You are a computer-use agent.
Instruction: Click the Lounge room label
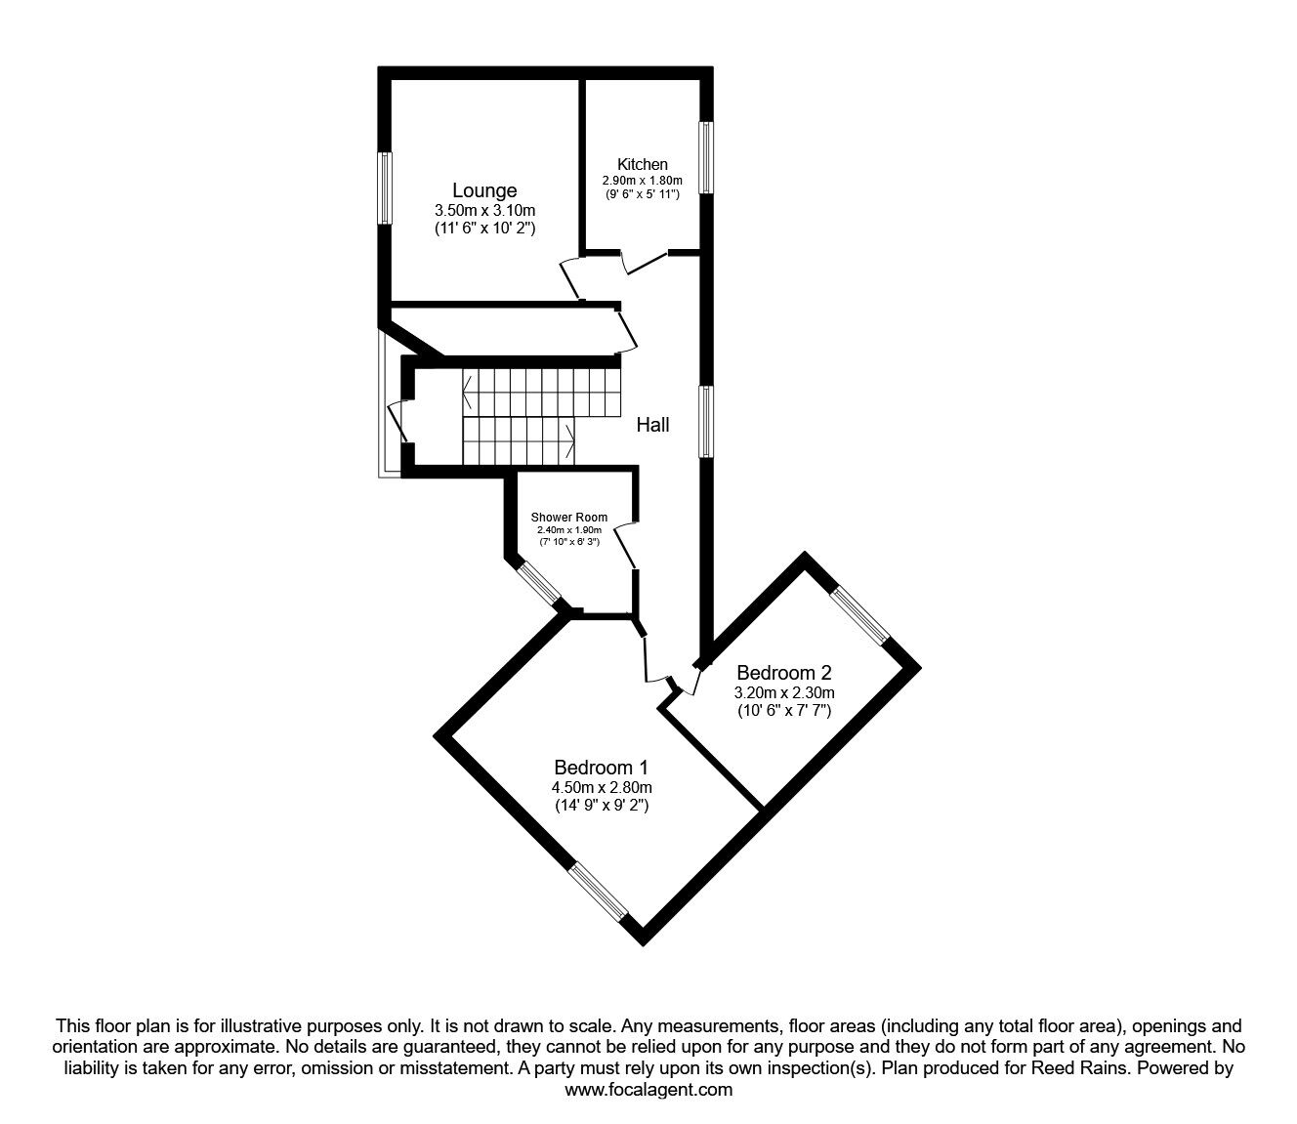click(483, 190)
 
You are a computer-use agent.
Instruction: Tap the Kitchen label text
click(642, 164)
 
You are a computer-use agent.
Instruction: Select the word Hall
click(652, 425)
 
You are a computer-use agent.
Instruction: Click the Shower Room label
click(568, 518)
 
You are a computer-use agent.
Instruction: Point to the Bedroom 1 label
click(602, 768)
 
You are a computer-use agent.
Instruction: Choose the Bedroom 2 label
click(783, 673)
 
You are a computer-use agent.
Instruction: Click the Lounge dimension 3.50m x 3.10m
click(484, 210)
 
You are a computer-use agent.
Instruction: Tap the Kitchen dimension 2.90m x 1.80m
click(642, 181)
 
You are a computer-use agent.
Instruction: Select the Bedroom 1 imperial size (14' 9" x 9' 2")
click(602, 806)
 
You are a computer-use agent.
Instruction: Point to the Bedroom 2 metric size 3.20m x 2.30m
click(784, 692)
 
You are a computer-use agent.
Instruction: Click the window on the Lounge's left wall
click(385, 187)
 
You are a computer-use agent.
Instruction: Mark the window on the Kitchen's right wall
click(705, 158)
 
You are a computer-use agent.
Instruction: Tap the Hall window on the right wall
click(705, 421)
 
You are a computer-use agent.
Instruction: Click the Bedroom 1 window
click(599, 892)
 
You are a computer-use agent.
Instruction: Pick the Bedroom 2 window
click(860, 615)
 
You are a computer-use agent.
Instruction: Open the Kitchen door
click(645, 261)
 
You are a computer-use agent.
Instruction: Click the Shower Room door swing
click(627, 545)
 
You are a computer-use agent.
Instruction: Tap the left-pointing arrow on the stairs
click(470, 394)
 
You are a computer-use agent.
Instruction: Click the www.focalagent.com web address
click(648, 1091)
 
